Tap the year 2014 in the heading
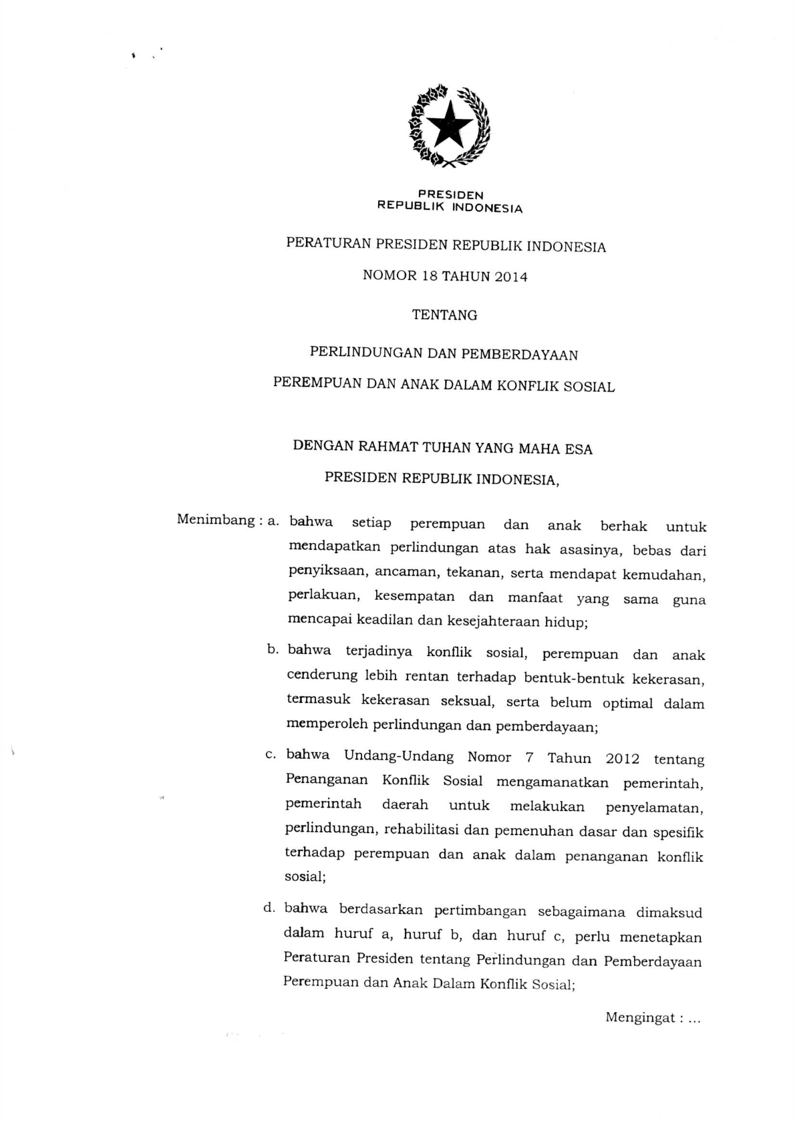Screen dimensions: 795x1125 pos(511,277)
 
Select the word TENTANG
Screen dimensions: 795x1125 pos(445,315)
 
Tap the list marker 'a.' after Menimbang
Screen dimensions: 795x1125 pos(273,520)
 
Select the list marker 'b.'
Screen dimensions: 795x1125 pos(272,649)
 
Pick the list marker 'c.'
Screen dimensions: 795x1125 pos(271,754)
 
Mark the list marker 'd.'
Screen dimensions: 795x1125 pos(270,908)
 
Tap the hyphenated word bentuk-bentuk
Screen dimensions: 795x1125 pos(574,679)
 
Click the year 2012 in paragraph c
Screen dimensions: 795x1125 pos(622,759)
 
